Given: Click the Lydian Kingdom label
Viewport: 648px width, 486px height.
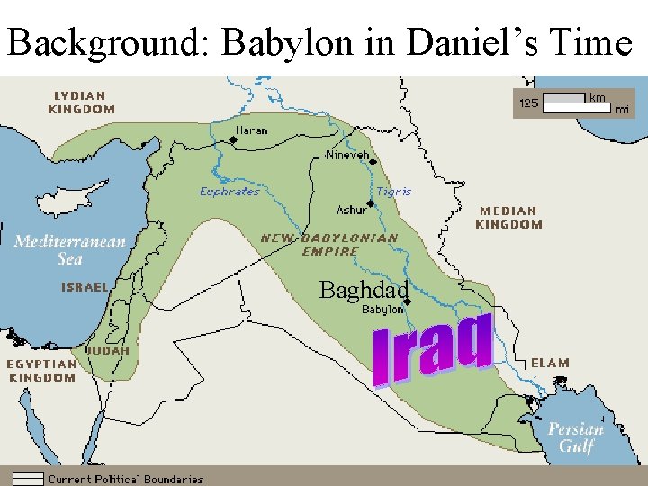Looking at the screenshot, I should click(81, 102).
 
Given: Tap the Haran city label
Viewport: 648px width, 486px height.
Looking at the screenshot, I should click(251, 130).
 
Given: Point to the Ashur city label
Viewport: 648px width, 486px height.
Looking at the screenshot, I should click(351, 210).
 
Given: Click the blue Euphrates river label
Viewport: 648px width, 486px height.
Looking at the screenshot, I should click(229, 192).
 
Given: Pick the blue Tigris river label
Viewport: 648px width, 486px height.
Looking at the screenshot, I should click(394, 192).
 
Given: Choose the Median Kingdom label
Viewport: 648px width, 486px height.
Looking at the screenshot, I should click(509, 217).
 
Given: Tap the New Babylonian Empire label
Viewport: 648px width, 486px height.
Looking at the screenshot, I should click(329, 245).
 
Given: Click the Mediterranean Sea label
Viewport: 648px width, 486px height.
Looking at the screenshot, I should click(69, 250).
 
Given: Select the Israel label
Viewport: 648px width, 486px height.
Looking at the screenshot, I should click(84, 287).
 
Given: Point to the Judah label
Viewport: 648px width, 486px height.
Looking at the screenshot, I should click(108, 349).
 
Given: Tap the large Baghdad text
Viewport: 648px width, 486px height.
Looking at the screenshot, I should click(364, 290).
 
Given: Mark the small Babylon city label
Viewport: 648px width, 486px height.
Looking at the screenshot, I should click(382, 310).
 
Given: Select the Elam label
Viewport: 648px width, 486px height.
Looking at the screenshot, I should click(549, 363).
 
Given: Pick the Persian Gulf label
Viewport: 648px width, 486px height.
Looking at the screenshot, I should click(576, 437).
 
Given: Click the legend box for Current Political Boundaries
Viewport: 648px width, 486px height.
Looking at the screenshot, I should click(28, 479).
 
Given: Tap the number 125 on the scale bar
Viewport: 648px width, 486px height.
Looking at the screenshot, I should click(527, 103).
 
